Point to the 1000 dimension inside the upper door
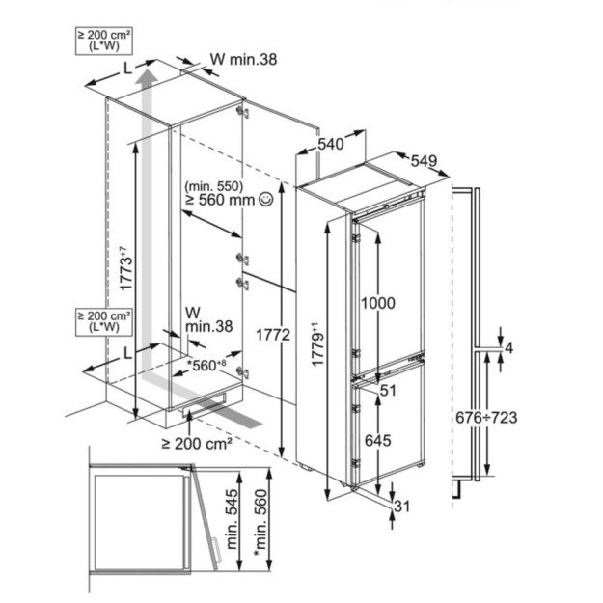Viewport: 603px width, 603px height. (x=377, y=302)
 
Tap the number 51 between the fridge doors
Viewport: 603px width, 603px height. (x=389, y=392)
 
